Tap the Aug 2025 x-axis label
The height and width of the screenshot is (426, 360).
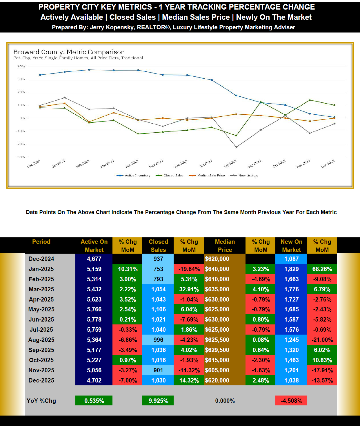coord(230,164)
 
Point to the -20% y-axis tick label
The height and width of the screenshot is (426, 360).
coord(21,144)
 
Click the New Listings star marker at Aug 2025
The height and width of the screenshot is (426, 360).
coord(236,147)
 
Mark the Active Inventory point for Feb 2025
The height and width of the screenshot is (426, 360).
coord(89,70)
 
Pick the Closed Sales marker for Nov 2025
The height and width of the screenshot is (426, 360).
coord(310,100)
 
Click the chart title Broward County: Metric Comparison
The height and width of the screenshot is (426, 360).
coord(69,52)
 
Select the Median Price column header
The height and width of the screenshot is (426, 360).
coord(225,246)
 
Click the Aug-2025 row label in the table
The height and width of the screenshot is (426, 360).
coord(41,340)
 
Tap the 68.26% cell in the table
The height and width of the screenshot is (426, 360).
coord(322,269)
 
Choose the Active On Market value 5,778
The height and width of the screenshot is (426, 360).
coord(94,319)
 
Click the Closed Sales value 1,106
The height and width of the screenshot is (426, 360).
coord(158,309)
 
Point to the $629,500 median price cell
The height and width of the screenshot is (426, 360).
coord(217,350)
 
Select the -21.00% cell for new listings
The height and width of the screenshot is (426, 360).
coord(322,340)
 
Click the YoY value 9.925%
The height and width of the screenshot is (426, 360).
coord(158,401)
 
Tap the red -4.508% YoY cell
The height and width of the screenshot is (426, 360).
coord(291,401)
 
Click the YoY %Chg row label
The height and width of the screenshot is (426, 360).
coord(41,401)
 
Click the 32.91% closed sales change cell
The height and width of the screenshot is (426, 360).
coord(189,289)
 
